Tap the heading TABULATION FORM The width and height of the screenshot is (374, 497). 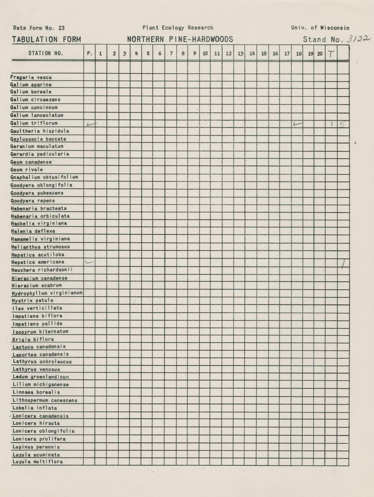click(46, 40)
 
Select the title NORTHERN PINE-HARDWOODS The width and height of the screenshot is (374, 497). click(180, 40)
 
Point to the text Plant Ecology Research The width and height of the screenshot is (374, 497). click(178, 28)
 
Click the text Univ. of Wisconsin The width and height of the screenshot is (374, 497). click(320, 28)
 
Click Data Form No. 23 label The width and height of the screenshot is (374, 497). click(39, 28)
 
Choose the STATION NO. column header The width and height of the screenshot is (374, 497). click(46, 54)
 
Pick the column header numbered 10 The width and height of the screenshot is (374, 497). click(205, 54)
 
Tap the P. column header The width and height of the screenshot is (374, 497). click(90, 54)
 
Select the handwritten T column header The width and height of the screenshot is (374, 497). click(331, 54)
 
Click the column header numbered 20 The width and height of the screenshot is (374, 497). click(320, 54)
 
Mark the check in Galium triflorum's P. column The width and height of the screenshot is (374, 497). click(91, 124)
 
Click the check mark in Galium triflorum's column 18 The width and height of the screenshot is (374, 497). click(297, 124)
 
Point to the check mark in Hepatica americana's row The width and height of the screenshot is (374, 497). click(90, 262)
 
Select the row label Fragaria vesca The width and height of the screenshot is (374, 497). click(31, 77)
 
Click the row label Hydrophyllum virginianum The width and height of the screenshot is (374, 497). click(47, 293)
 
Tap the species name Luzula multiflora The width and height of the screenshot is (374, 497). click(38, 462)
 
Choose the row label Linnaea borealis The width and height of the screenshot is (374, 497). click(36, 392)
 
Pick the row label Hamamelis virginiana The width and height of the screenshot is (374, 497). click(40, 239)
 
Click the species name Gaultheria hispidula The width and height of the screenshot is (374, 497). click(40, 131)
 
